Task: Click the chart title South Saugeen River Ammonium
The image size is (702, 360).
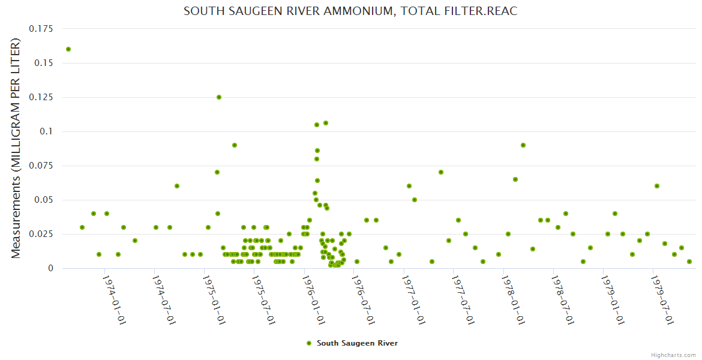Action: [350, 11]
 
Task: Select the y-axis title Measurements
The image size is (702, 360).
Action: [16, 148]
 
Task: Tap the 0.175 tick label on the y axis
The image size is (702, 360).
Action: [40, 29]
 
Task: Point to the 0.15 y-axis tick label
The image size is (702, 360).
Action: [43, 63]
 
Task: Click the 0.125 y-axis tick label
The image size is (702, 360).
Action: [40, 97]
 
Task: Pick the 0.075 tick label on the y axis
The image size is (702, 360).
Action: [40, 166]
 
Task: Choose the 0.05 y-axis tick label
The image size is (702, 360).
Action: [43, 200]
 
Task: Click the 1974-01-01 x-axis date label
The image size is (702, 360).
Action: [114, 299]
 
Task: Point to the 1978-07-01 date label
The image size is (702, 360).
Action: [563, 299]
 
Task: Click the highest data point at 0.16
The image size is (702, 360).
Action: [68, 49]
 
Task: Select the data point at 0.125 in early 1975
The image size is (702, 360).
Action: [219, 97]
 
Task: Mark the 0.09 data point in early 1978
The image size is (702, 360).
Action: [523, 145]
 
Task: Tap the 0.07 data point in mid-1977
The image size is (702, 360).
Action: [441, 172]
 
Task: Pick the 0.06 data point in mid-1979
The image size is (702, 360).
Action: [657, 186]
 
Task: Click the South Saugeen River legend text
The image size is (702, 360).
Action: [357, 343]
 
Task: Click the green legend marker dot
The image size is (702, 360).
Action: [309, 343]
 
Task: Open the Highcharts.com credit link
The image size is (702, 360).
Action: [673, 355]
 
